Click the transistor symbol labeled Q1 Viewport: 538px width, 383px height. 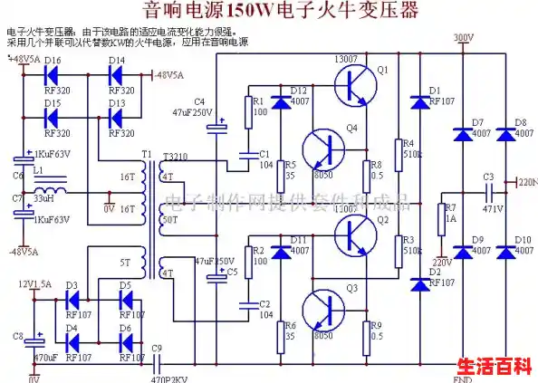(x=355, y=87)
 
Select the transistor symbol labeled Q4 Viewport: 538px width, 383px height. (x=324, y=147)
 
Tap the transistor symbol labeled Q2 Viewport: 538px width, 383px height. (x=355, y=237)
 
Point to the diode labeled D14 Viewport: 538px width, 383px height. (x=117, y=75)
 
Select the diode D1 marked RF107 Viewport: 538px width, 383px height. (x=418, y=101)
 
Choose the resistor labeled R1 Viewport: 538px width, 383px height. (x=246, y=110)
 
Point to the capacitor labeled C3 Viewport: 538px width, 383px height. (x=488, y=191)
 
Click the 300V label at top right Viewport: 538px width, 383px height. (x=462, y=37)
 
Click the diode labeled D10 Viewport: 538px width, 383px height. (x=504, y=251)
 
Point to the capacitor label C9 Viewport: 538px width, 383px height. (x=158, y=348)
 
